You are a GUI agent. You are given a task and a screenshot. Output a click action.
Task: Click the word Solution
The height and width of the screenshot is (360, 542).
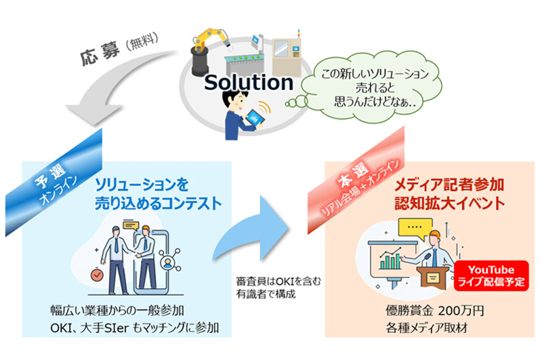click(x=249, y=83)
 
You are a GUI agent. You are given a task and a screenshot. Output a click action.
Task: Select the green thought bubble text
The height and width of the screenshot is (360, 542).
click(x=375, y=88)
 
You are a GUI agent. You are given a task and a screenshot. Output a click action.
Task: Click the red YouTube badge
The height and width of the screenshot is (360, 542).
click(x=491, y=276)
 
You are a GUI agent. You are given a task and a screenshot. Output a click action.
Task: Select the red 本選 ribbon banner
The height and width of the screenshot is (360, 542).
click(x=357, y=180)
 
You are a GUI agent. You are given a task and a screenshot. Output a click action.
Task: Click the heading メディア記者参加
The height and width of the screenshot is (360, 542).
click(x=449, y=185)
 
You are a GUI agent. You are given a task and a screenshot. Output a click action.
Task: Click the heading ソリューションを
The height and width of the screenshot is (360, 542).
click(x=142, y=185)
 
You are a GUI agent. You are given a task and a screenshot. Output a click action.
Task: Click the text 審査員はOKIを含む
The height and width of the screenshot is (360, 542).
click(x=278, y=281)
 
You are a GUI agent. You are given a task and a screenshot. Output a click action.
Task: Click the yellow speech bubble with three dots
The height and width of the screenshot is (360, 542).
click(x=415, y=228)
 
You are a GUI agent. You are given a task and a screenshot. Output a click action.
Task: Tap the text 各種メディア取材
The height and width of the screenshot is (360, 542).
click(x=427, y=328)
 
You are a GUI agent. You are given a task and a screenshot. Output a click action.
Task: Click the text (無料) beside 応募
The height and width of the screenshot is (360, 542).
click(x=142, y=41)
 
